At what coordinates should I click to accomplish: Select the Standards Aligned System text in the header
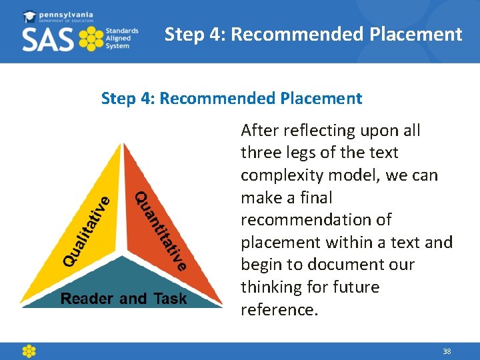click(x=122, y=39)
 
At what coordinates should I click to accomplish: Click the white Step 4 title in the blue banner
click(x=313, y=34)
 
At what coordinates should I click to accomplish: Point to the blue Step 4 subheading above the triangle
click(x=231, y=99)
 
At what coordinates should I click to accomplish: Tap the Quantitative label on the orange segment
click(x=161, y=231)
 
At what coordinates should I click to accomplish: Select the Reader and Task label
click(x=124, y=299)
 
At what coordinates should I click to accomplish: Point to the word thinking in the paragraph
click(x=269, y=287)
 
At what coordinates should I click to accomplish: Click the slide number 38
click(x=446, y=351)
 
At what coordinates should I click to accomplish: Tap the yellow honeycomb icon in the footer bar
click(x=29, y=351)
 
